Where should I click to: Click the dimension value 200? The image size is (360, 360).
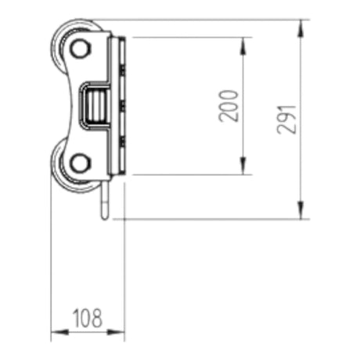pyautogui.click(x=229, y=106)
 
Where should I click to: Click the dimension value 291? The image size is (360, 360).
pyautogui.click(x=287, y=120)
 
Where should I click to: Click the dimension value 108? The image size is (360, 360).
pyautogui.click(x=88, y=318)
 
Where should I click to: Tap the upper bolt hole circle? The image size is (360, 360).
pyautogui.click(x=80, y=49)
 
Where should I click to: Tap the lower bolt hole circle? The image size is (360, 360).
pyautogui.click(x=80, y=163)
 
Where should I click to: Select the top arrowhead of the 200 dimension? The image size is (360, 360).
pyautogui.click(x=243, y=46)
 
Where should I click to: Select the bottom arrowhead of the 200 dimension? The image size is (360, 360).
pyautogui.click(x=243, y=166)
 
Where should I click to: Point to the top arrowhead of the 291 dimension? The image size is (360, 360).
pyautogui.click(x=301, y=28)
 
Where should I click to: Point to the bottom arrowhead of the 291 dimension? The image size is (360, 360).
pyautogui.click(x=301, y=211)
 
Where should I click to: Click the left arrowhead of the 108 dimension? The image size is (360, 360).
pyautogui.click(x=59, y=333)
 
